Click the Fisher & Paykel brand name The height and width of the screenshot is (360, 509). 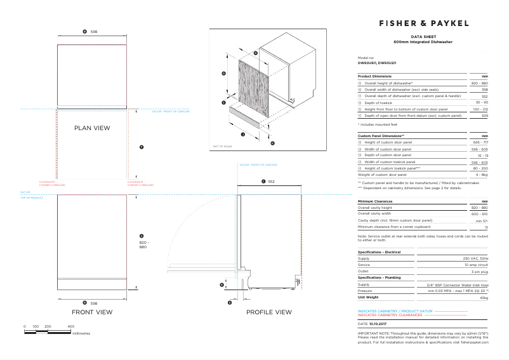pyautogui.click(x=424, y=23)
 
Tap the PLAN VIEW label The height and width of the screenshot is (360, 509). pyautogui.click(x=92, y=128)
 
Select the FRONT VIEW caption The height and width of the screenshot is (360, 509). pyautogui.click(x=92, y=312)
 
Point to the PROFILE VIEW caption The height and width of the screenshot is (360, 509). pyautogui.click(x=268, y=312)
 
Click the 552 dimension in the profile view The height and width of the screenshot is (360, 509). pyautogui.click(x=271, y=182)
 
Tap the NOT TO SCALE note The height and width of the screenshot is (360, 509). pyautogui.click(x=222, y=147)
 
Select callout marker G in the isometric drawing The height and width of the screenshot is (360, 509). pyautogui.click(x=223, y=74)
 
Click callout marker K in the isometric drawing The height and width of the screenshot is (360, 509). pyautogui.click(x=273, y=143)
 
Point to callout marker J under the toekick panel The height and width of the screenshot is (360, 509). pyautogui.click(x=243, y=134)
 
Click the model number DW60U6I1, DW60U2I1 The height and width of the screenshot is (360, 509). pyautogui.click(x=376, y=63)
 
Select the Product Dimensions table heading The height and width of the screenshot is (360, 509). pyautogui.click(x=374, y=76)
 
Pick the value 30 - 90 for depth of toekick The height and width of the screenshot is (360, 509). pyautogui.click(x=481, y=102)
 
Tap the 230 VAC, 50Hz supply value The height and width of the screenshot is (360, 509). pyautogui.click(x=475, y=258)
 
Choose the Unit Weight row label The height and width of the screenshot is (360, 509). pyautogui.click(x=368, y=297)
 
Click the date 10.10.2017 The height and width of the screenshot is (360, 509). pyautogui.click(x=377, y=323)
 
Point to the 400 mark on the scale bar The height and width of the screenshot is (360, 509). pyautogui.click(x=70, y=326)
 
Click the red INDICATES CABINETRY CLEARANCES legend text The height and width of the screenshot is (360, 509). pyautogui.click(x=390, y=315)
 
